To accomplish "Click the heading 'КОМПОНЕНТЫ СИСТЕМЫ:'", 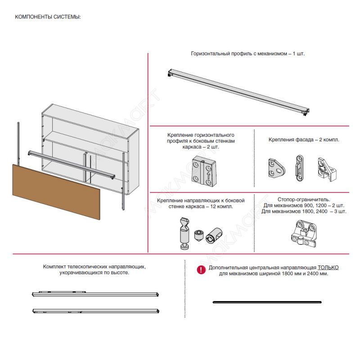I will (48, 17).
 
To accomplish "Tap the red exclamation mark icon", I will (201, 270).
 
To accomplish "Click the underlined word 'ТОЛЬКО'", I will (328, 267).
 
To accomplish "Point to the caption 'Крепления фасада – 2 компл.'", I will (304, 139).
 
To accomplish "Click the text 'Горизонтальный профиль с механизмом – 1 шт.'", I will (248, 54).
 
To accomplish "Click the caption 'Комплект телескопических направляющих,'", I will (94, 267).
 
